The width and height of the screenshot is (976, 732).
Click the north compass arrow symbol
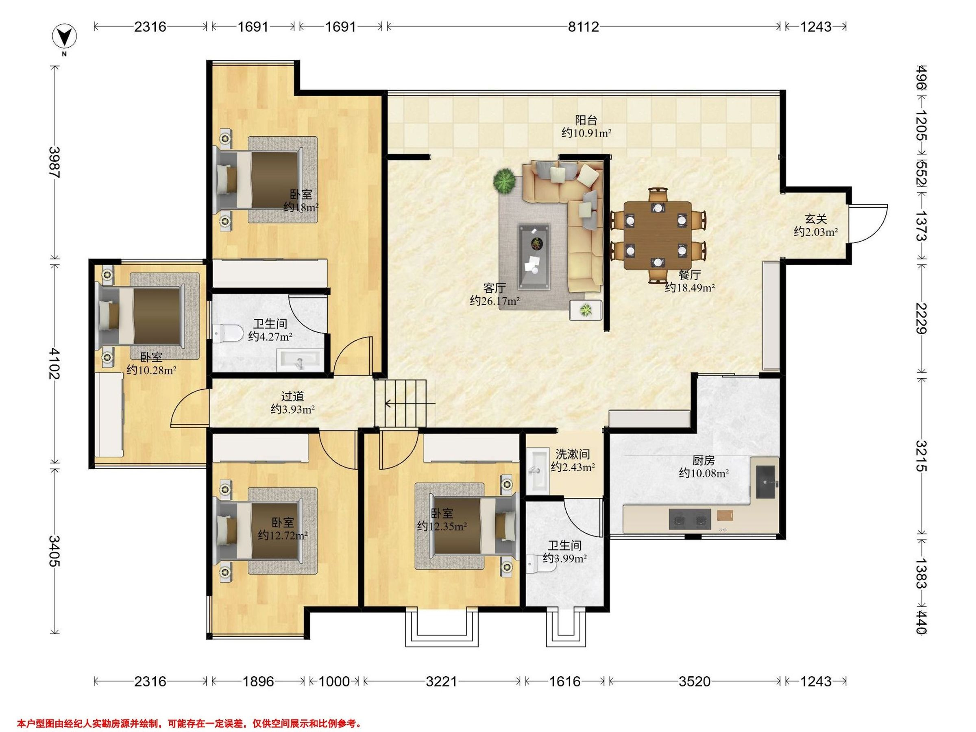[64, 37]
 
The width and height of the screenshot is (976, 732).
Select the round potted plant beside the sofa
[504, 181]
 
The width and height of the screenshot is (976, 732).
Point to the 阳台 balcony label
[586, 120]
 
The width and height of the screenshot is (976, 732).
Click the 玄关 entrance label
[815, 219]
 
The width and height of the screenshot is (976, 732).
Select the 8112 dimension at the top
[583, 27]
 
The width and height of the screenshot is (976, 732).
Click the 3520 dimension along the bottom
[695, 681]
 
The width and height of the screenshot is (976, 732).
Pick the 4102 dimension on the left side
[55, 363]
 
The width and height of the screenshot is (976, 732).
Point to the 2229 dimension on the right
[921, 318]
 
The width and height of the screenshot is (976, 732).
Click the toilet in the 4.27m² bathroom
[227, 333]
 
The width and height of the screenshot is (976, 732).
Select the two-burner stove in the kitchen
[690, 519]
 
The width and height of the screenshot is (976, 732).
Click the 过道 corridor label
[292, 396]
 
